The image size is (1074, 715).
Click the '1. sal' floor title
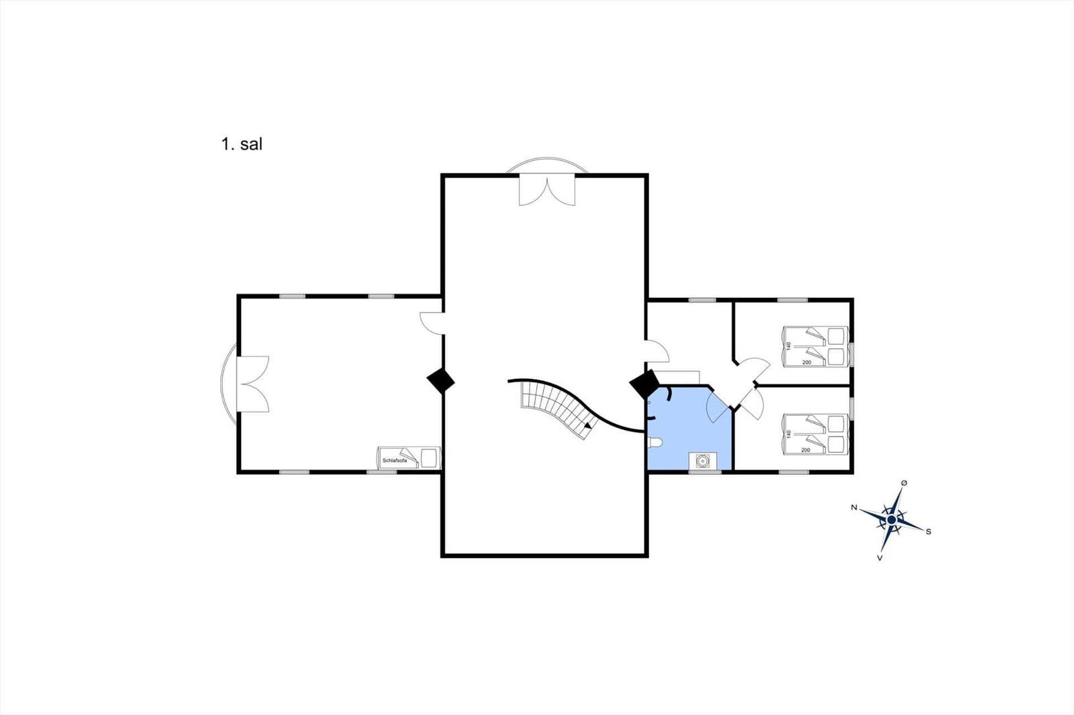tap(242, 144)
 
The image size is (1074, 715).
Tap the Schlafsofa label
tap(395, 461)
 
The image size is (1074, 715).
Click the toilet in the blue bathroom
tap(655, 443)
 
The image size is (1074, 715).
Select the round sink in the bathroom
tap(703, 461)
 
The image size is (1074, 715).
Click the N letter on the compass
tap(854, 508)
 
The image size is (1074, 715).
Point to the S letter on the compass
tap(928, 531)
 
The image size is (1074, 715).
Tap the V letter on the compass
tap(880, 558)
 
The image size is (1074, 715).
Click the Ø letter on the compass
tap(904, 482)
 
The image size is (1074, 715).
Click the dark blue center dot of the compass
tap(891, 520)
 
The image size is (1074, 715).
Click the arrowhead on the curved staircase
tap(588, 425)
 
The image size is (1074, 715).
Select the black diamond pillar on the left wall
tap(440, 381)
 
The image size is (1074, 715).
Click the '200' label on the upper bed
tap(806, 362)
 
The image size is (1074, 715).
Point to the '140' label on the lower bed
tap(788, 434)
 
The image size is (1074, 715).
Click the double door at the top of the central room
tap(547, 190)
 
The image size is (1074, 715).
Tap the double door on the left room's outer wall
tap(252, 384)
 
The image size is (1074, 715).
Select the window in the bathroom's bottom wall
tap(705, 472)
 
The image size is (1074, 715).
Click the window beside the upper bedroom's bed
tap(852, 355)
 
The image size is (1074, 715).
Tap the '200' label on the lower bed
tap(805, 450)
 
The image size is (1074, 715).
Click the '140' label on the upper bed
tap(789, 345)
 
